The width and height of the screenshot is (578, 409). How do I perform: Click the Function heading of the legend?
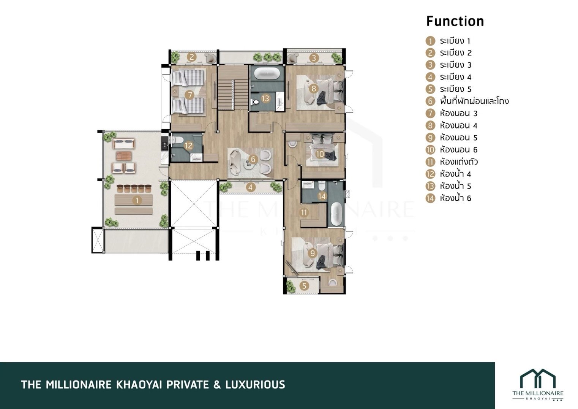[x=455, y=21]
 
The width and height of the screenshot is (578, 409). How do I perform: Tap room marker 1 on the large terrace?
[x=137, y=200]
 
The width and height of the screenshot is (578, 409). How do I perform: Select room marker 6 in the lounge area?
[x=253, y=159]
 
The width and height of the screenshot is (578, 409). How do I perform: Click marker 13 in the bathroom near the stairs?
[x=265, y=98]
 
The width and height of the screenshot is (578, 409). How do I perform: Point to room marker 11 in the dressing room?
[x=304, y=212]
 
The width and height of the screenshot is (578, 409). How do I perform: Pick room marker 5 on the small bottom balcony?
[x=305, y=286]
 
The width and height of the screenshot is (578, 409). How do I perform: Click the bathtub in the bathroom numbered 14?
[x=336, y=214]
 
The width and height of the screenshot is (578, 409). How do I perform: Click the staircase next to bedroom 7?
[x=233, y=88]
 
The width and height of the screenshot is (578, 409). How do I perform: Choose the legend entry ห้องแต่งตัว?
[x=459, y=162]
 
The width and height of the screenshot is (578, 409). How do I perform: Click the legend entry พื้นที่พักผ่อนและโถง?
[x=474, y=101]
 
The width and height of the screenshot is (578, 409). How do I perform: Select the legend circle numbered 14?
[x=430, y=198]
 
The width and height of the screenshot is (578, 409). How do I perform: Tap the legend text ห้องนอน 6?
[x=459, y=150]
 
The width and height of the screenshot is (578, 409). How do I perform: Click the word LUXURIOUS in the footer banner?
[x=255, y=385]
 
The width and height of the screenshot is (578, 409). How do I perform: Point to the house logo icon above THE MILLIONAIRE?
[x=538, y=379]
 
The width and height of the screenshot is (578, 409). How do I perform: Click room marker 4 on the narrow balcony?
[x=250, y=187]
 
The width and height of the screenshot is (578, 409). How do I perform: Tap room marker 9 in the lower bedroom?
[x=312, y=253]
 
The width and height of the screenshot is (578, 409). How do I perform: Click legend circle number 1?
[x=430, y=41]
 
